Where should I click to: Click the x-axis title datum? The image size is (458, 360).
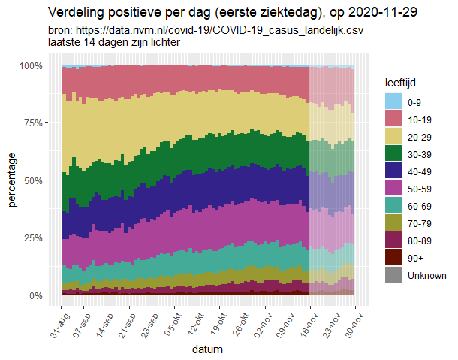pyautogui.click(x=206, y=349)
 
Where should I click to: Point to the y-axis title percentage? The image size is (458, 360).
pyautogui.click(x=12, y=180)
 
